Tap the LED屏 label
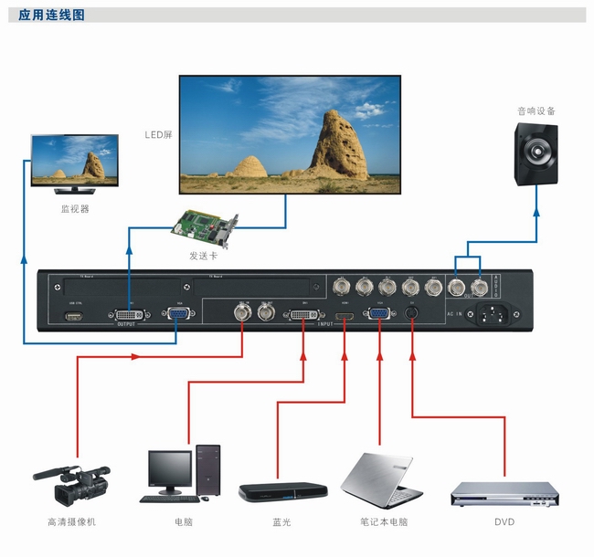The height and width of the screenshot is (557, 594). point(158,135)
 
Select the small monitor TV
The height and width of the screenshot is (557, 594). point(75,163)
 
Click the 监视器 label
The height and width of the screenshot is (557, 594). point(75,208)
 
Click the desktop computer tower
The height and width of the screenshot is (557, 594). point(207,471)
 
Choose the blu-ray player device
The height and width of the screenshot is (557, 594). point(282,491)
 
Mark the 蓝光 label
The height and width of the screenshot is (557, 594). point(282,522)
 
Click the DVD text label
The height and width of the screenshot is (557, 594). point(504,522)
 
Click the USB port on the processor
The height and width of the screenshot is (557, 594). point(73,317)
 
